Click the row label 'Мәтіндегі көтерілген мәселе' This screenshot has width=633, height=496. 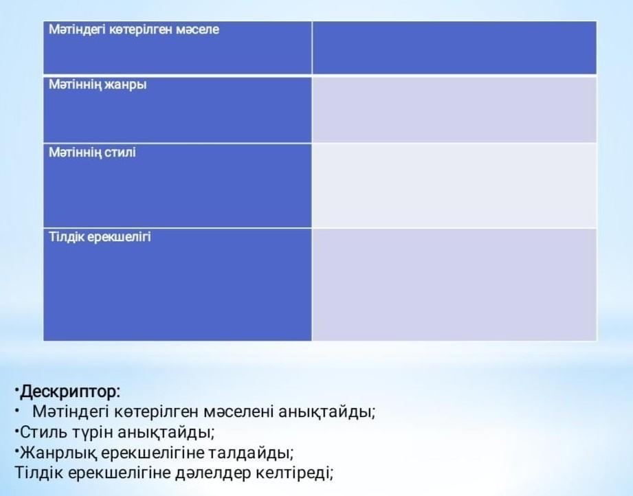point(133,30)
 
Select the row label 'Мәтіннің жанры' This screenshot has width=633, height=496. point(98,84)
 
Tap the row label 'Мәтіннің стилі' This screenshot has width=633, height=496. point(92,152)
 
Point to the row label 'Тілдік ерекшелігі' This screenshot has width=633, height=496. point(100,236)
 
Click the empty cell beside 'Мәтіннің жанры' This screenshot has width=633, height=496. point(454,109)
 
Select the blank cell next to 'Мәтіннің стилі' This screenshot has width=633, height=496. point(454,185)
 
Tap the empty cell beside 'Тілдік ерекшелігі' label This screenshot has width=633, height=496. point(454,284)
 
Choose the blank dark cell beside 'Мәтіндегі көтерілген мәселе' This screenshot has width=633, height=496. point(454,47)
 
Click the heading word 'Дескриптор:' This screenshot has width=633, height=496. point(70,392)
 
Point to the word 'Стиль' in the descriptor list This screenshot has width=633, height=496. point(43,432)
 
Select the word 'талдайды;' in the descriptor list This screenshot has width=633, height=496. point(251,453)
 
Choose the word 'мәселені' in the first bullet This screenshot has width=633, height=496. point(238,412)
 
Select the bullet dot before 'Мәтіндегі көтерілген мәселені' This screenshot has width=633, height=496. point(17,410)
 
